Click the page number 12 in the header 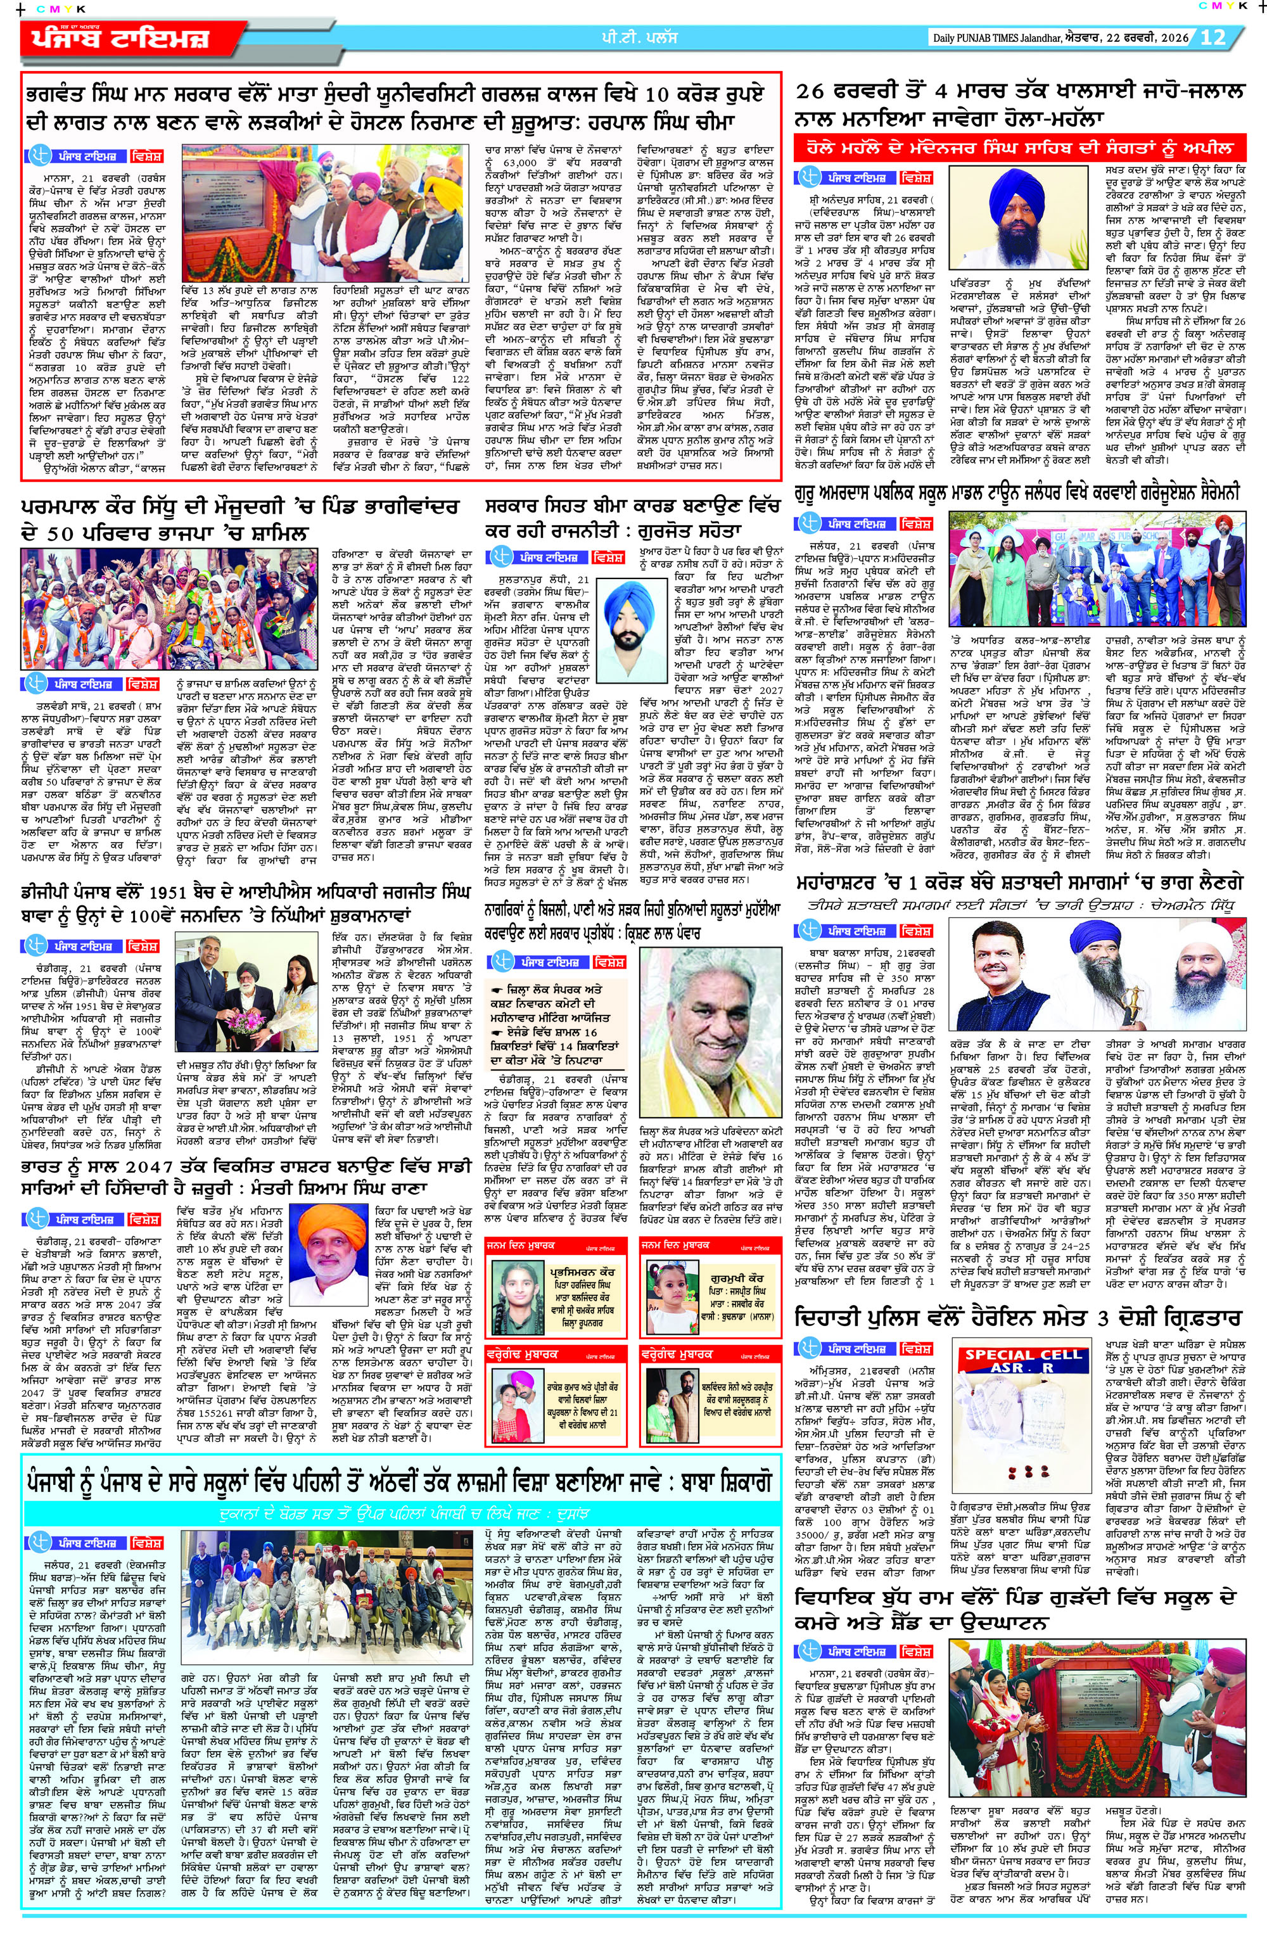pyautogui.click(x=1213, y=37)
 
